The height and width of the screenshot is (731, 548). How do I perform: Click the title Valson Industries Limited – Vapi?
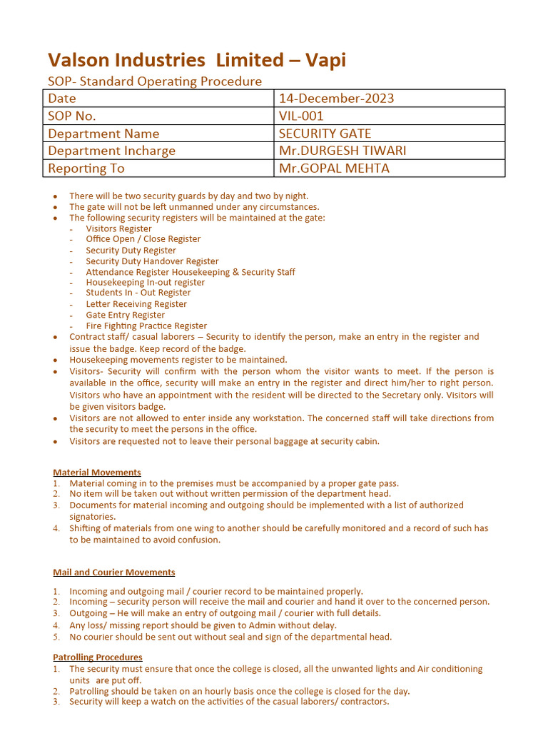coord(196,60)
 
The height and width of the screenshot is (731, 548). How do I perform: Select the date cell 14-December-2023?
coord(336,99)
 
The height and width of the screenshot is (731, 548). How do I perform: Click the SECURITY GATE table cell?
coord(325,133)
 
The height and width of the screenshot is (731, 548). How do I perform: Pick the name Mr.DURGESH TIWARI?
coord(342,151)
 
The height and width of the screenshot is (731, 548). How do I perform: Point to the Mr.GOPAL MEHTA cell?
coord(334,168)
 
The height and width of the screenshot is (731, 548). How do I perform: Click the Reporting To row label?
coord(86,168)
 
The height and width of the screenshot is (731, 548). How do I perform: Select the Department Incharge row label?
coord(111,151)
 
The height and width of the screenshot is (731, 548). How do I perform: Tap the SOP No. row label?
coord(71,116)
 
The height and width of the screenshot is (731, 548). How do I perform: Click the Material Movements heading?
coord(97,472)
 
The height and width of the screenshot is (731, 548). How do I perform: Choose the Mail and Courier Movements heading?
coord(114,572)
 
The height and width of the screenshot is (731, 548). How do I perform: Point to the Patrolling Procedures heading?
coord(98,657)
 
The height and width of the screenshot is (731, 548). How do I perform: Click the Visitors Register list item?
coord(118,228)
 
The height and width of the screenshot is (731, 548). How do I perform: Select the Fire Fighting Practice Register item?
coord(146,326)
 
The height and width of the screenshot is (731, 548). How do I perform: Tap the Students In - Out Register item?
coord(138,293)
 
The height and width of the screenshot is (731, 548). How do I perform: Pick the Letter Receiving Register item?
coord(136,304)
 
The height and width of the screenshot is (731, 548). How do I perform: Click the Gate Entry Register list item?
coord(126,315)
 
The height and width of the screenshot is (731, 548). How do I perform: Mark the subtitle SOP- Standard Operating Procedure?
coord(155,81)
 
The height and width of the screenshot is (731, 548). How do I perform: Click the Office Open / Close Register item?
coord(143,239)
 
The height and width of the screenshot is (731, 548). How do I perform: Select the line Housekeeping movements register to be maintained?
coord(178,360)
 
